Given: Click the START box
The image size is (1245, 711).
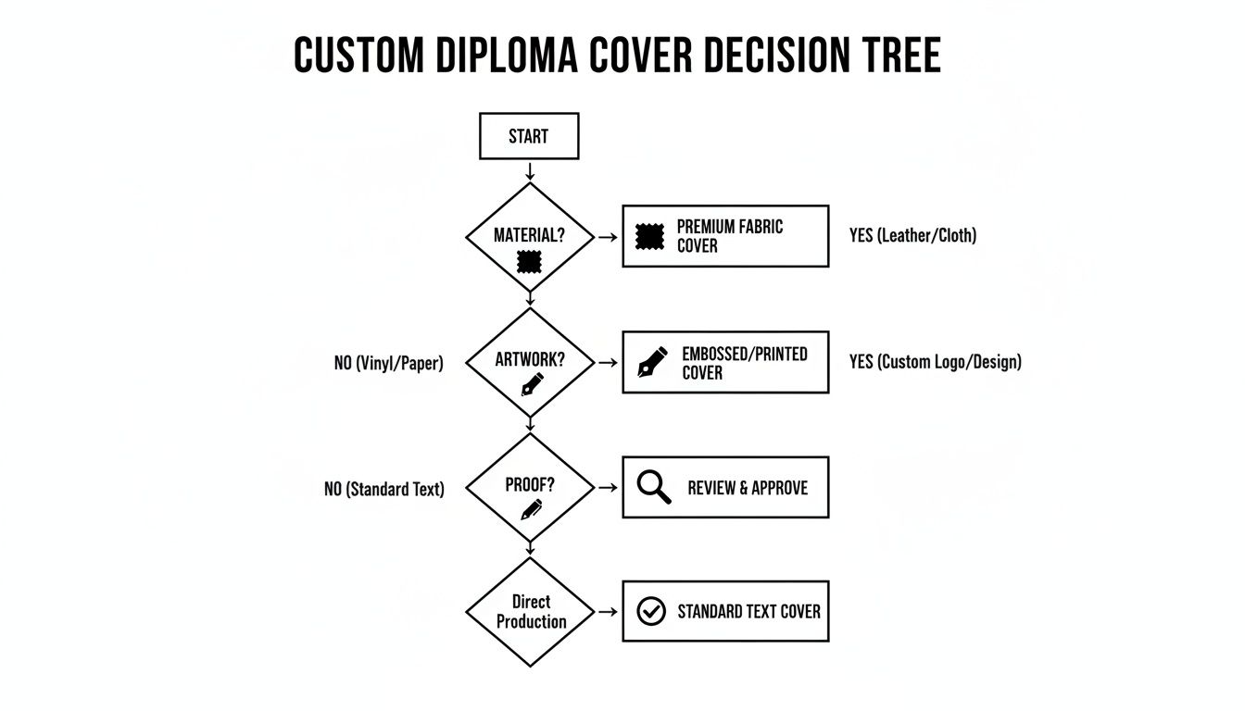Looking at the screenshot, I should [529, 136].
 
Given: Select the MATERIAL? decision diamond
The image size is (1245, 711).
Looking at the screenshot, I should [529, 237].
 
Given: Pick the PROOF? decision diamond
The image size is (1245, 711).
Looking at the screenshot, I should [529, 487].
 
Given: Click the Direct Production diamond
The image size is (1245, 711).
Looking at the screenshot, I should [529, 612].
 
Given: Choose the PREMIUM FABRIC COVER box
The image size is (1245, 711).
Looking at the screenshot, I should [725, 236].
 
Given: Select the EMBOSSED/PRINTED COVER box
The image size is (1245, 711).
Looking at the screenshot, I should [725, 362].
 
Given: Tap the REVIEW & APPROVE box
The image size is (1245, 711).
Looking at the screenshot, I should [725, 487].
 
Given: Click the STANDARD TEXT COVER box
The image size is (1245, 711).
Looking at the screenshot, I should [725, 611].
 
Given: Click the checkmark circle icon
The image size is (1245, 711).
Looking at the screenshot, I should [652, 611].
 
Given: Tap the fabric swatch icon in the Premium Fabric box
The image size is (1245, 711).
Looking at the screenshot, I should [650, 236].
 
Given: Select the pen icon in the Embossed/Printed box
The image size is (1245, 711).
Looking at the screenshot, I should [652, 362].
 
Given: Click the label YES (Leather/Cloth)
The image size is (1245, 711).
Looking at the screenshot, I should [912, 235].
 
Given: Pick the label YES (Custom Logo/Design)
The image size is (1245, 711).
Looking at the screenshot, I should [935, 362].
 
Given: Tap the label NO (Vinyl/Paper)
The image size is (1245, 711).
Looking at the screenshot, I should [389, 364].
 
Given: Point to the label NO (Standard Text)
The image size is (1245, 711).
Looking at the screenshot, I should [384, 489].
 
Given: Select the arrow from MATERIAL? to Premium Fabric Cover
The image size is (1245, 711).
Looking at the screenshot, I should [608, 237].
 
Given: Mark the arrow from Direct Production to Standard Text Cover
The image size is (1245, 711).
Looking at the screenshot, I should [608, 612].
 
